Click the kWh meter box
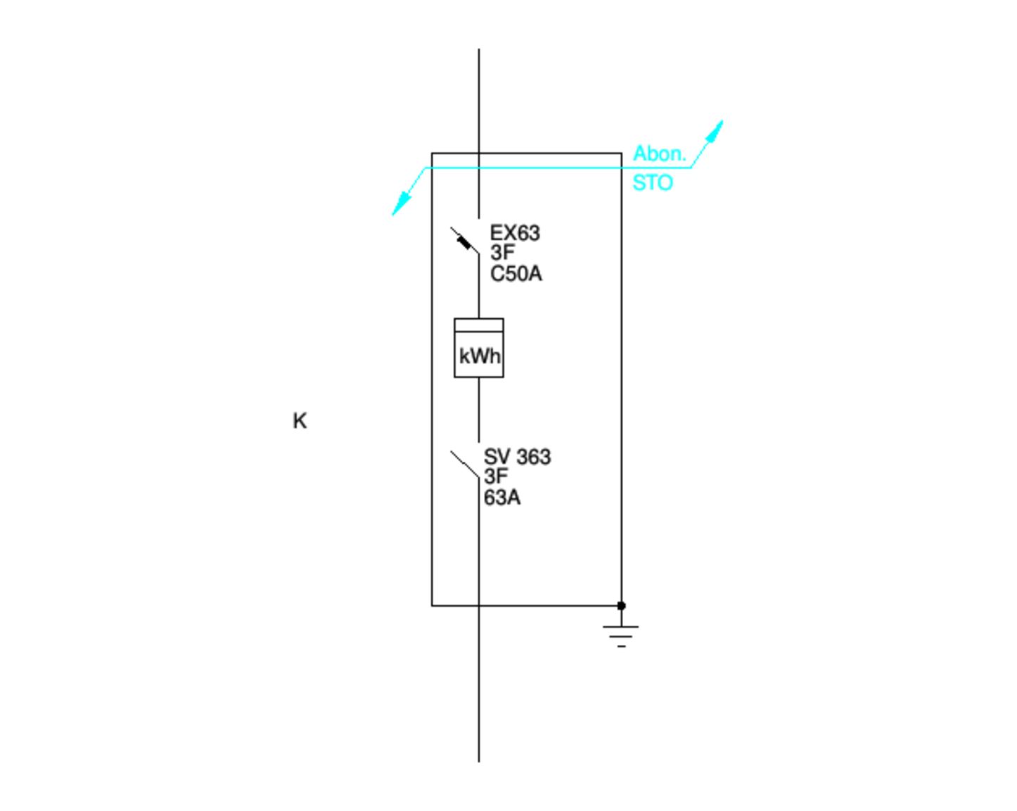[478, 348]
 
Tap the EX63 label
[515, 233]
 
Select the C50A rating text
[516, 274]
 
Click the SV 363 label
[517, 457]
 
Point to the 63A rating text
[502, 498]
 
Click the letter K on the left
[300, 421]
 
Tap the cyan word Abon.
[659, 153]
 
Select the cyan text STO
[653, 183]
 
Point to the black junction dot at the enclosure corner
[621, 605]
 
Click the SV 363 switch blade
[465, 465]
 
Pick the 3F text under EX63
[502, 253]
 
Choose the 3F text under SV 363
[496, 477]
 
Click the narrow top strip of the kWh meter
[478, 325]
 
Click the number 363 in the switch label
[533, 457]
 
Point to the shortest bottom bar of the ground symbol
[621, 646]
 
